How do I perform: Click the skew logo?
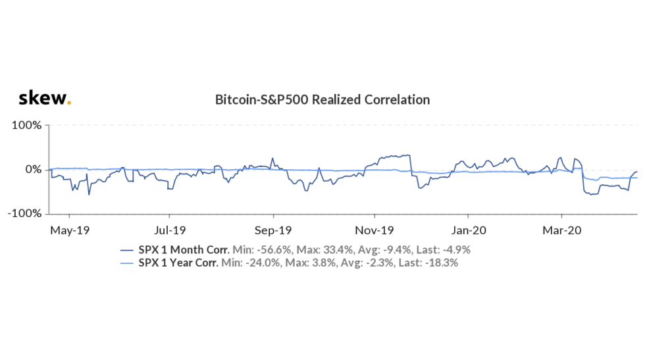tap(43, 99)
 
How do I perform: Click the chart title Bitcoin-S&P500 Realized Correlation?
tap(322, 100)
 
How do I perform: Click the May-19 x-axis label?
tap(70, 230)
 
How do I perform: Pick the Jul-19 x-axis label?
tap(170, 230)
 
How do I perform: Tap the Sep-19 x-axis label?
tap(273, 230)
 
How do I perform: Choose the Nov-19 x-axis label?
tap(374, 230)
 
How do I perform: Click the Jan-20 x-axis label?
tap(468, 230)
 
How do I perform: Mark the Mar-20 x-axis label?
tap(562, 230)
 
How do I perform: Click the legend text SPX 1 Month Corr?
tap(184, 250)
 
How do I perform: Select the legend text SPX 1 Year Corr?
tap(179, 263)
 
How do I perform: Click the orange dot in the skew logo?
tap(69, 103)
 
